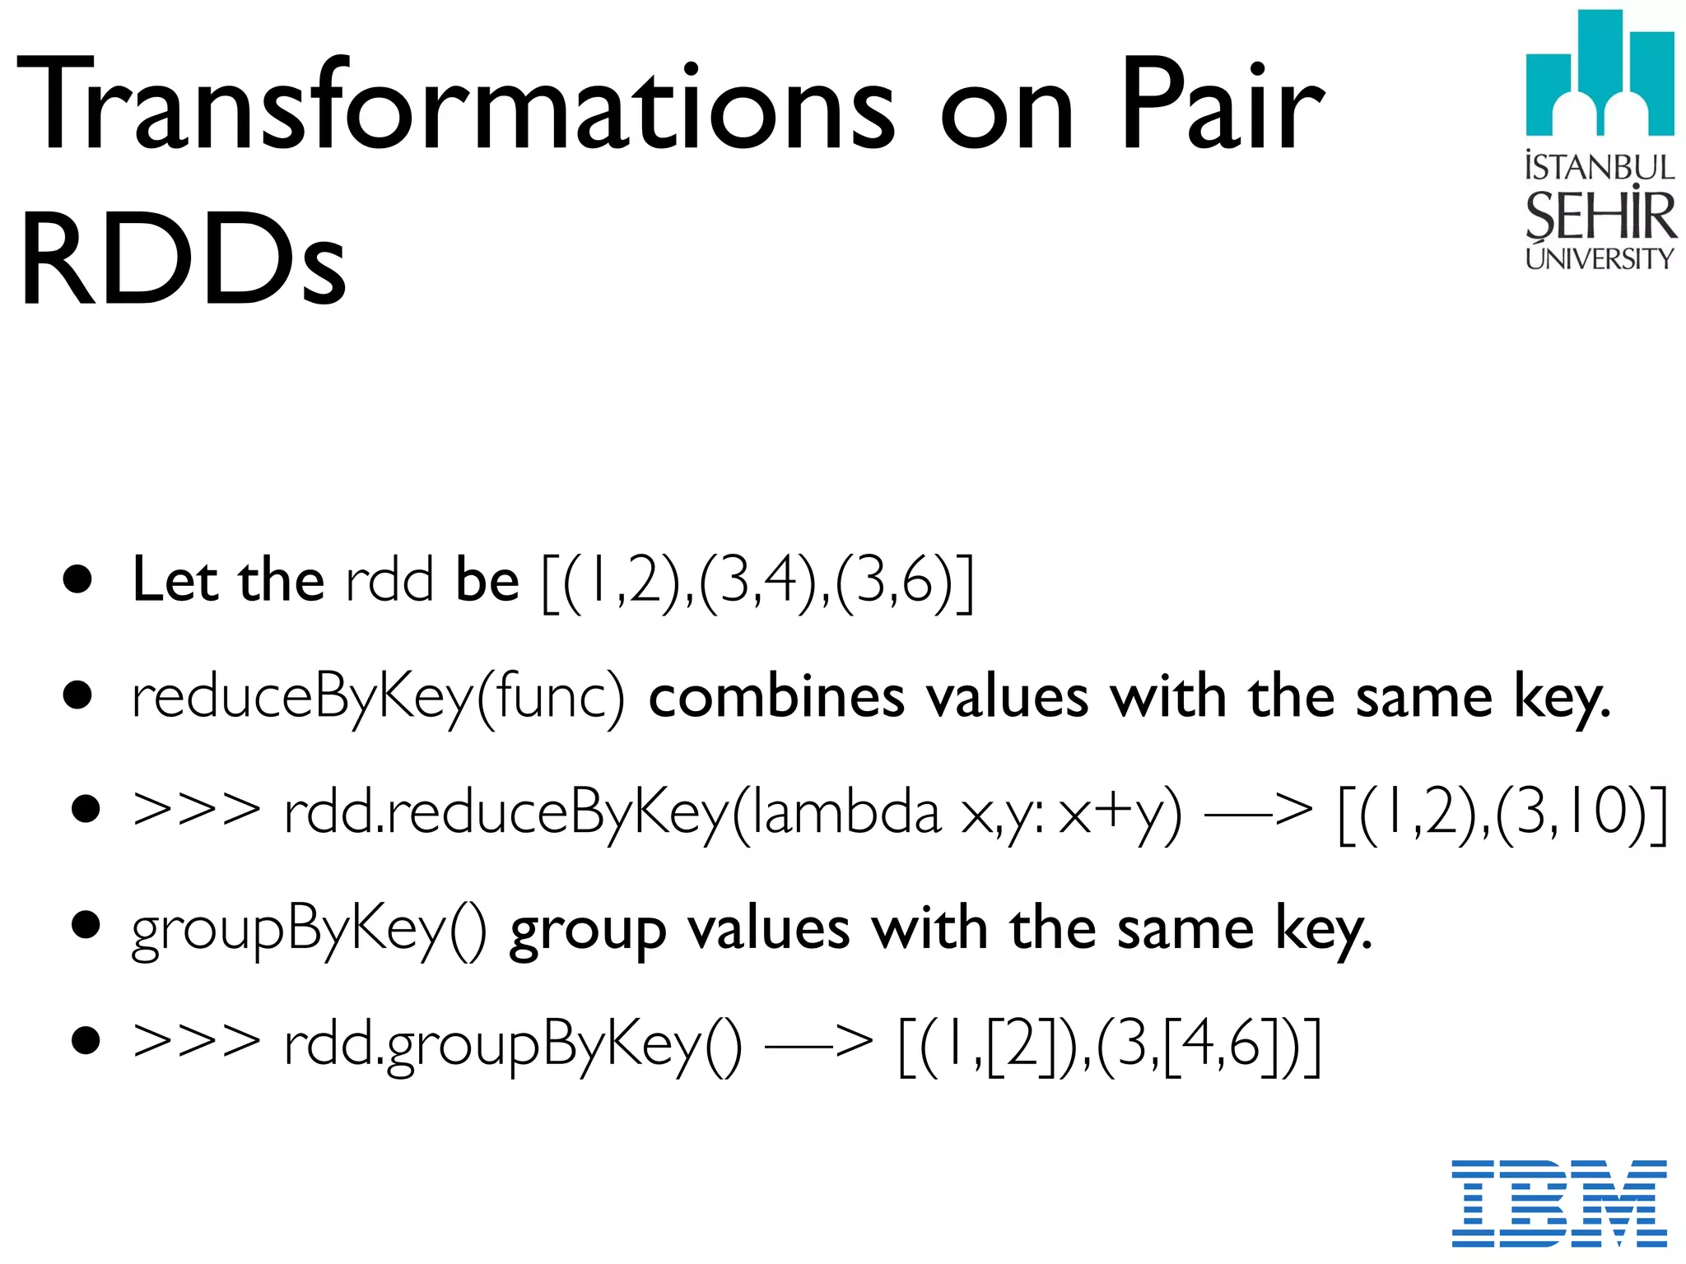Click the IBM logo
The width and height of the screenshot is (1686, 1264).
coord(1559,1203)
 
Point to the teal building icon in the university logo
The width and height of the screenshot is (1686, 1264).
coord(1600,74)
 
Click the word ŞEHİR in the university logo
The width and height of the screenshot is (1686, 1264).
coord(1600,216)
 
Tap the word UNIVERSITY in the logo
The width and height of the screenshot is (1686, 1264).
coord(1600,259)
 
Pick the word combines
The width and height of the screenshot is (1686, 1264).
coord(776,698)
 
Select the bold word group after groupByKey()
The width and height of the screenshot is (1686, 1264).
coord(587,932)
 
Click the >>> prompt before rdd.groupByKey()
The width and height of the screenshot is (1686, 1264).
coord(196,1043)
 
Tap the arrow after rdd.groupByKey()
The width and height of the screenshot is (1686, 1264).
coord(819,1043)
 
